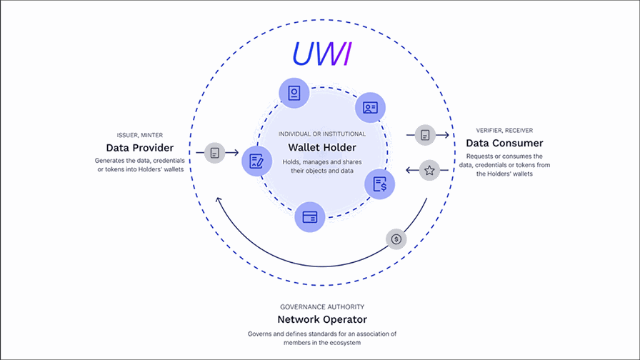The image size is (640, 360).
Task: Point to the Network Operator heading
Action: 321,319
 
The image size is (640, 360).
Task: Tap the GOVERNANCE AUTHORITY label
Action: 321,305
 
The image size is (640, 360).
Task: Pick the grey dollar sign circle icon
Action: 396,239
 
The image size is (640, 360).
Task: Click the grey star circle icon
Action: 429,170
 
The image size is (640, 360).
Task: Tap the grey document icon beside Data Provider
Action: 215,152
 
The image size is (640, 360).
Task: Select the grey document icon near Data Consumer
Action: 425,134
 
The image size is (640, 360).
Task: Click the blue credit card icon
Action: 310,217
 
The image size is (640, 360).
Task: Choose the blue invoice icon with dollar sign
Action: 379,184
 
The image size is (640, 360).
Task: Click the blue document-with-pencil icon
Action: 256,161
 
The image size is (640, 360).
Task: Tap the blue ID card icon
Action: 370,107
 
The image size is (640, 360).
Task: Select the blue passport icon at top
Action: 294,93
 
